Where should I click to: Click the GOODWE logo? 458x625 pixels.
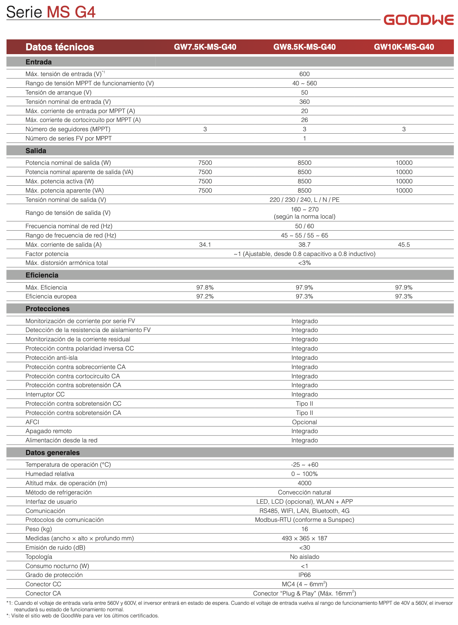pos(419,20)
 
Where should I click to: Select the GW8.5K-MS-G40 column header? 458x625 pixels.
pos(304,47)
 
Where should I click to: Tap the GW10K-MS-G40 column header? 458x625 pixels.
pos(404,47)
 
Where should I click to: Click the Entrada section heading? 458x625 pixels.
pos(38,62)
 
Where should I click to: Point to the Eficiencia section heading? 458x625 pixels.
pos(42,275)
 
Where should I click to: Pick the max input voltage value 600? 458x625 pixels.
pos(304,74)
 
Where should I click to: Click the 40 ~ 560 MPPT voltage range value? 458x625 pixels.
pos(304,83)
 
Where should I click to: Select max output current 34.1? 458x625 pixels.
pos(205,245)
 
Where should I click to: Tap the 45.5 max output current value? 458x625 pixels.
pos(404,245)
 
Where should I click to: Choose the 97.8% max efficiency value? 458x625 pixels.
pos(205,287)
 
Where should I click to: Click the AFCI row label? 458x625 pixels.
pos(32,422)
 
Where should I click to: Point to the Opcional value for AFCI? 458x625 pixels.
pos(304,422)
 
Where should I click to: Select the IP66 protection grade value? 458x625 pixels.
pos(304,575)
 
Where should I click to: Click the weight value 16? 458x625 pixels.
pos(304,529)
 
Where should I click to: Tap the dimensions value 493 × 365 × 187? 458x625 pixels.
pos(304,538)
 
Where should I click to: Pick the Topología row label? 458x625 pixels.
pos(39,557)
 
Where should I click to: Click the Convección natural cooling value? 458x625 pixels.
pos(304,492)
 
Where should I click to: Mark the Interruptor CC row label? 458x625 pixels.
pos(45,394)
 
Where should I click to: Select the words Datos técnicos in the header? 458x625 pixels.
pos(60,47)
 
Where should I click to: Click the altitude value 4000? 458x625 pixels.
pos(304,483)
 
